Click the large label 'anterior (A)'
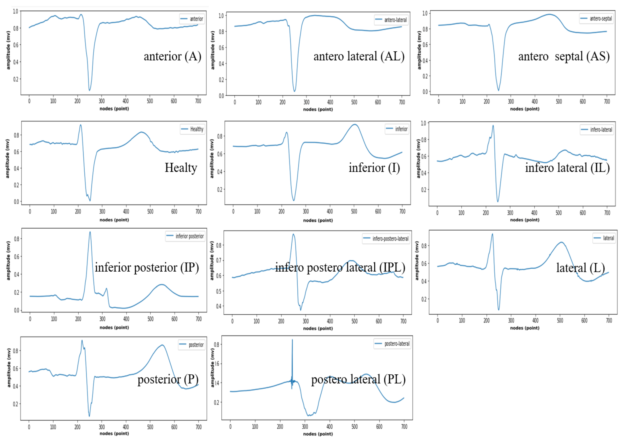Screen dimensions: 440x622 (172, 56)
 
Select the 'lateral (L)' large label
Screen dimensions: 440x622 (580, 268)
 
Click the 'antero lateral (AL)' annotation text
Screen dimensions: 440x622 (359, 56)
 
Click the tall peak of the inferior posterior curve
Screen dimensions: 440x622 (90, 232)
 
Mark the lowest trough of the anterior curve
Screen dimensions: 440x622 (89, 90)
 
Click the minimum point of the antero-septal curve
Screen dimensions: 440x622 (498, 90)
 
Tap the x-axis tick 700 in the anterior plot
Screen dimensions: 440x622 (198, 101)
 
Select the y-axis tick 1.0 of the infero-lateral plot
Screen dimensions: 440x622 (423, 123)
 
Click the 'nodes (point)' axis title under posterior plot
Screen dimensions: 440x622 (114, 433)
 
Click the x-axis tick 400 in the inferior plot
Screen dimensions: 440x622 (330, 211)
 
